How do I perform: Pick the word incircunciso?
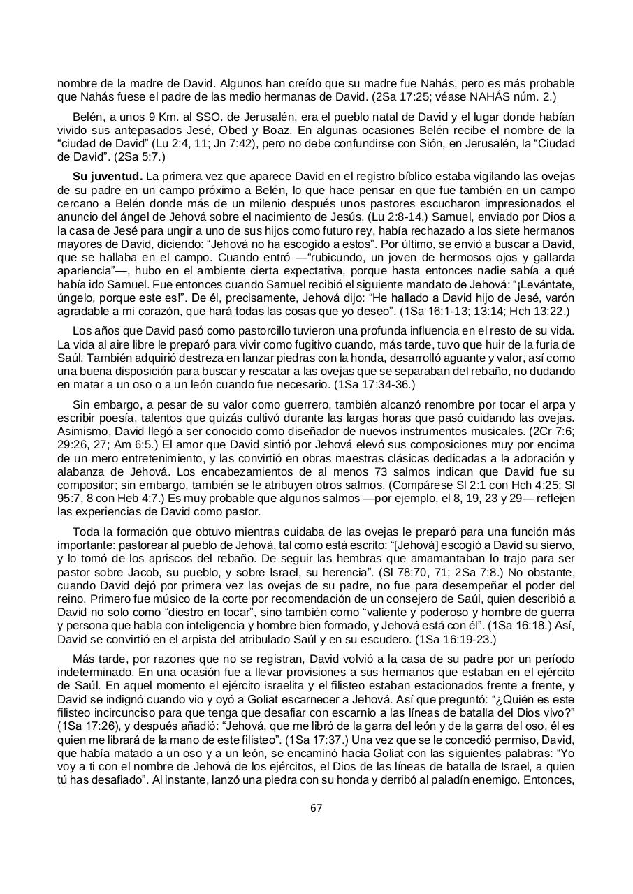[131, 712]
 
